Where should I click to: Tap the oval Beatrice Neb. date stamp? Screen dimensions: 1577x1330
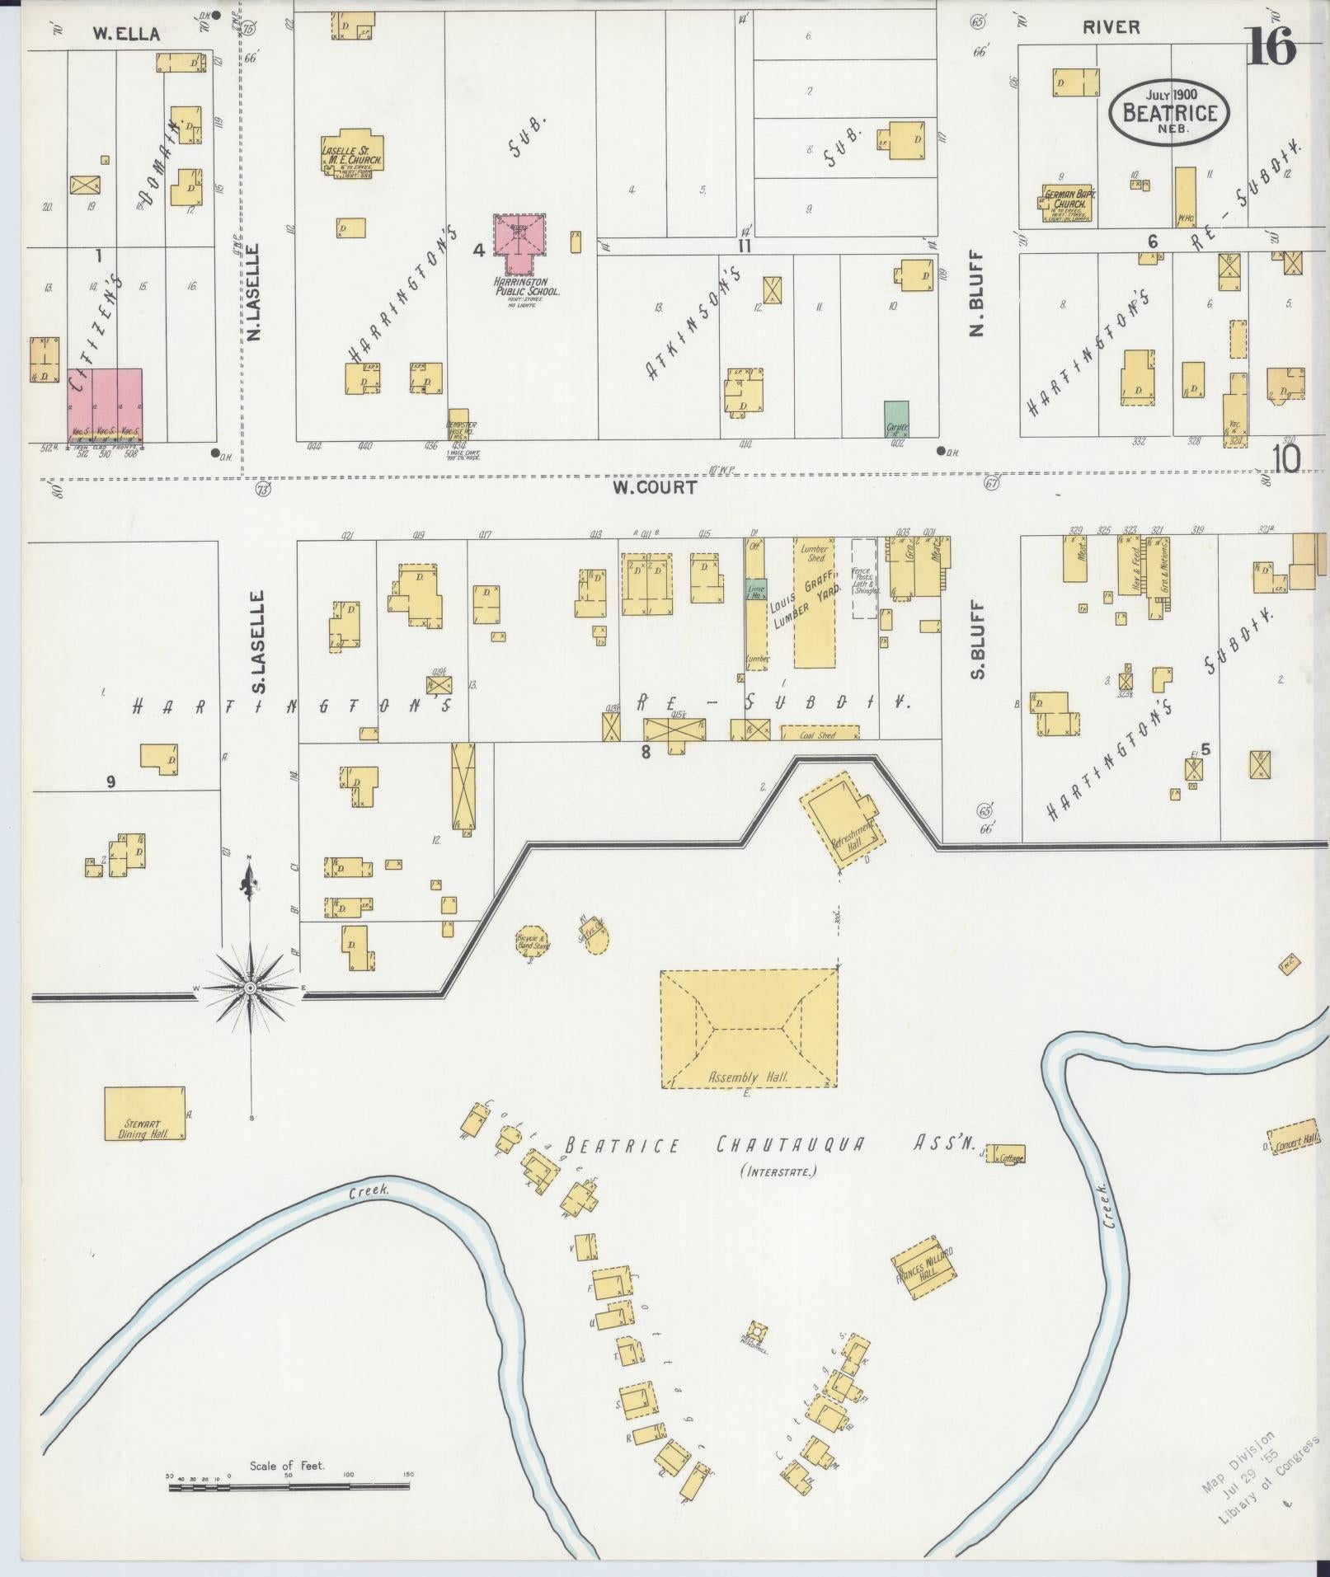coord(1169,113)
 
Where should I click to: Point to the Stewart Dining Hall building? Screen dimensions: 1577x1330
coord(144,1113)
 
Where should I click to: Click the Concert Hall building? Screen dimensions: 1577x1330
coord(1294,1137)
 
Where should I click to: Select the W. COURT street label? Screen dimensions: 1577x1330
coord(655,487)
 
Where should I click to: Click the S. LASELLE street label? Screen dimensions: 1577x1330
coord(257,641)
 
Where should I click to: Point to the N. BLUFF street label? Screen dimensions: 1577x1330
coord(978,295)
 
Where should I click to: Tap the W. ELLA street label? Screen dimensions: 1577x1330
coord(125,34)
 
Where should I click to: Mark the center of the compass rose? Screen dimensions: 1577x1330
coord(251,986)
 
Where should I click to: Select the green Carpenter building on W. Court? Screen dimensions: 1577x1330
coord(896,420)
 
